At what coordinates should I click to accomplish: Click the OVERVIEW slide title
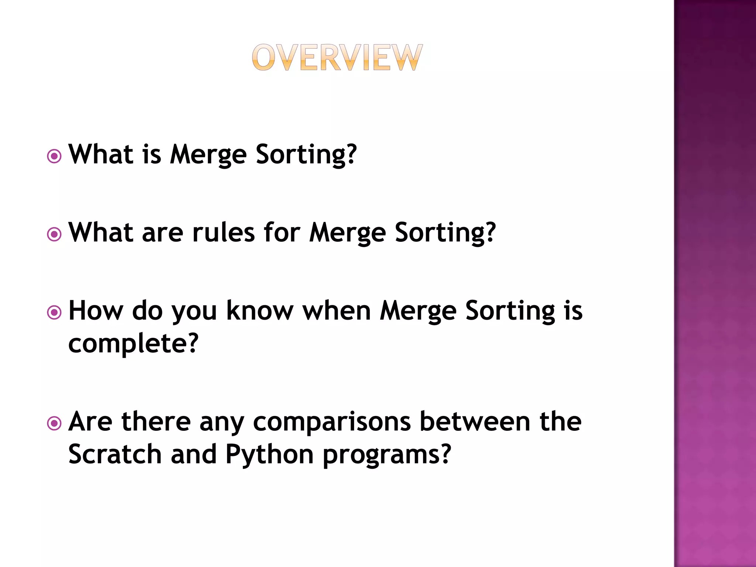pyautogui.click(x=337, y=57)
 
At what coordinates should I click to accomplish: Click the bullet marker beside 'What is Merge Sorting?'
pyautogui.click(x=54, y=157)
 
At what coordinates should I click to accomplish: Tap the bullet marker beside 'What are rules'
pyautogui.click(x=54, y=234)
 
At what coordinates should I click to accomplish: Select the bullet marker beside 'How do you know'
pyautogui.click(x=54, y=313)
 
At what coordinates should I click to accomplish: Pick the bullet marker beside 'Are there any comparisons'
pyautogui.click(x=54, y=423)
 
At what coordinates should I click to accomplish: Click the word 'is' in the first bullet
pyautogui.click(x=152, y=154)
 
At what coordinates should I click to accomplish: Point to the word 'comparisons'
pyautogui.click(x=331, y=422)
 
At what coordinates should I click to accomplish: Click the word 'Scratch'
pyautogui.click(x=115, y=454)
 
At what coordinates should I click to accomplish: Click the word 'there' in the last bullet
pyautogui.click(x=156, y=422)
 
